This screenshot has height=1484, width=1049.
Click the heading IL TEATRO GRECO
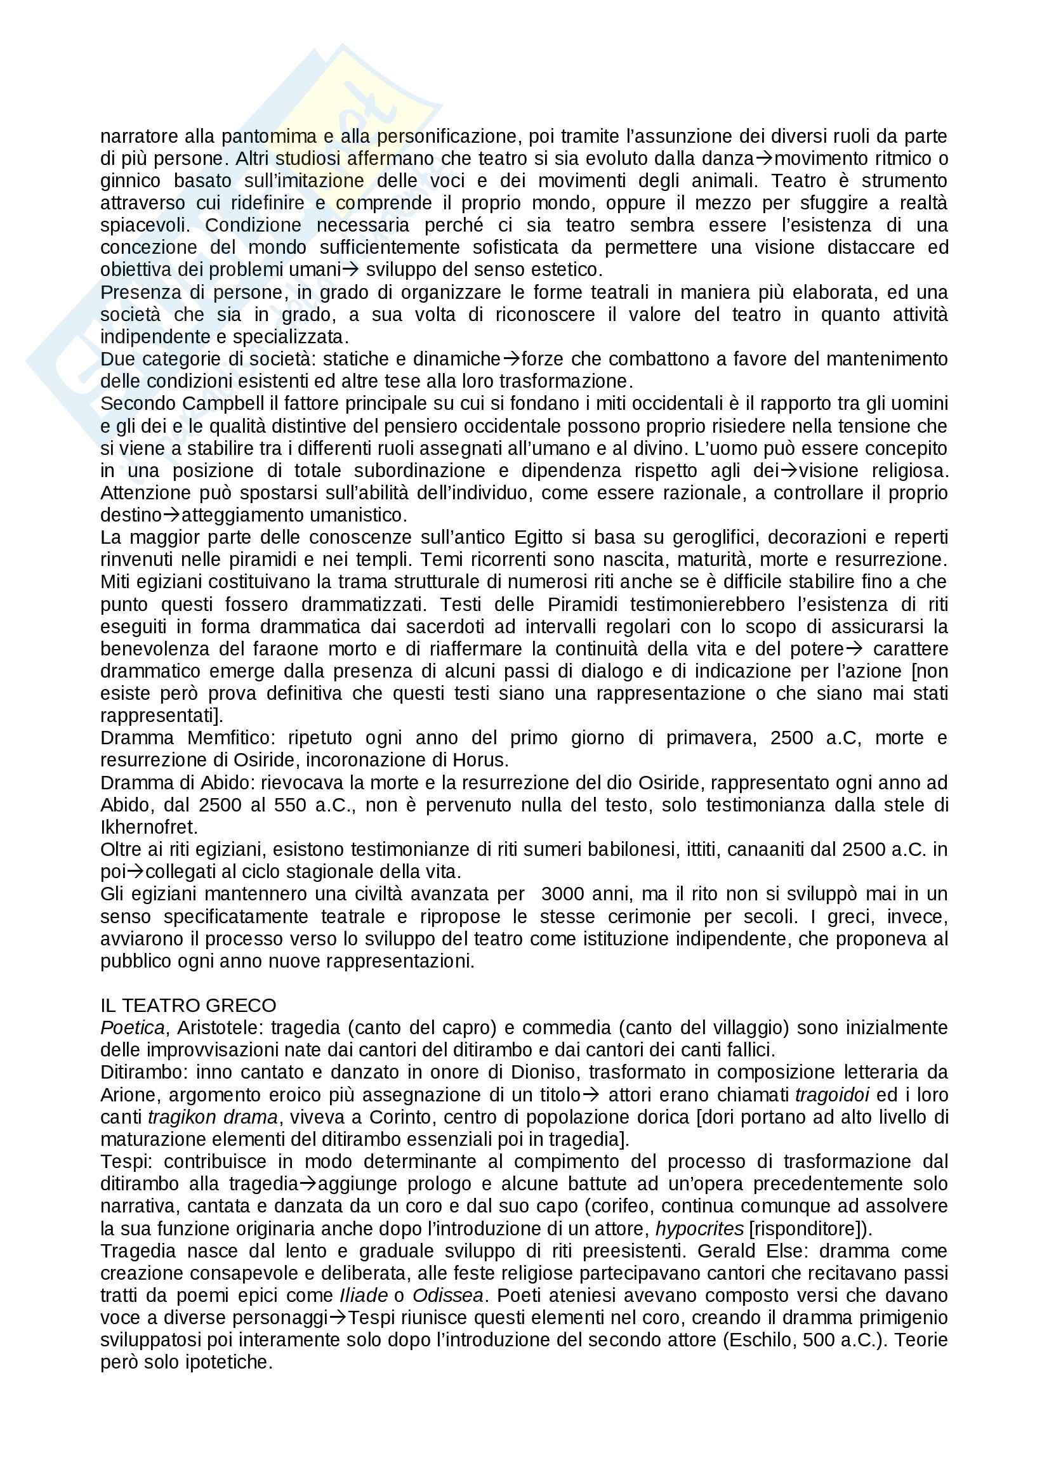188,1005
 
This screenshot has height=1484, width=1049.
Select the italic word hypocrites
699,1229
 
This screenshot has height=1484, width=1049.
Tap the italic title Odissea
448,1296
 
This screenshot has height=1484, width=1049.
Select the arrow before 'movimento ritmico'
764,159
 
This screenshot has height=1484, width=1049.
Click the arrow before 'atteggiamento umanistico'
173,515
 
